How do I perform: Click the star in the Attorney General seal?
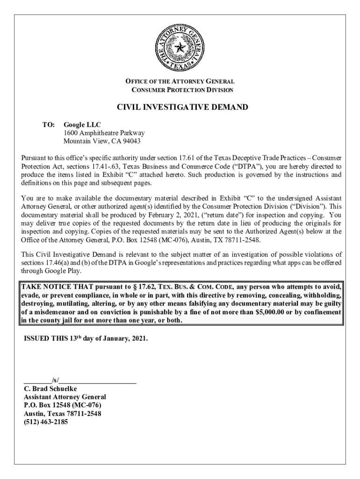coord(180,47)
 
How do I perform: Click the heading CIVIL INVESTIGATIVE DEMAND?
coord(182,108)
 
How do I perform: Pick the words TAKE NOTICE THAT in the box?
coord(52,286)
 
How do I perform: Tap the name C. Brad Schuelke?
coord(50,389)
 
